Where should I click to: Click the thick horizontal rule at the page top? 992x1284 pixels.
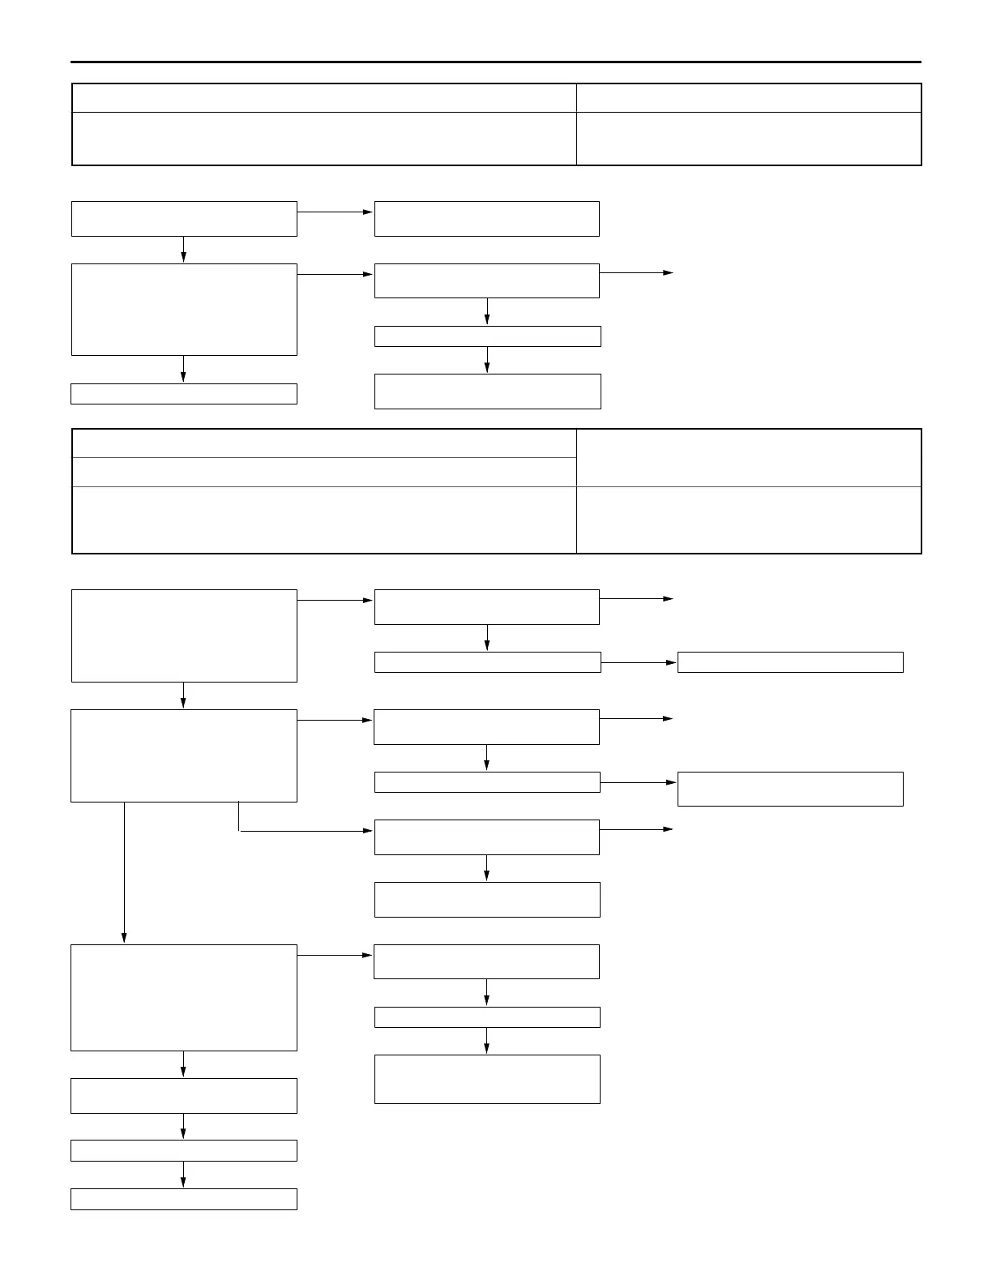(x=496, y=62)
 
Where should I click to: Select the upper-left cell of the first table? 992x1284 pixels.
(x=324, y=98)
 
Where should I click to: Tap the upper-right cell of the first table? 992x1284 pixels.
(x=749, y=98)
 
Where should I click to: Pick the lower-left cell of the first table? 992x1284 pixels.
(x=324, y=139)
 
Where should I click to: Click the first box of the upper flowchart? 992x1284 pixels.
(x=184, y=219)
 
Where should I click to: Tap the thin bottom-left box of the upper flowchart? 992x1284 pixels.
(x=184, y=394)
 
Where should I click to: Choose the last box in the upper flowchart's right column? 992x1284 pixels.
(x=487, y=392)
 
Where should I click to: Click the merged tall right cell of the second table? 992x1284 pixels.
(x=749, y=458)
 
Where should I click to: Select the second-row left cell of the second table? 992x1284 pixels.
(x=324, y=472)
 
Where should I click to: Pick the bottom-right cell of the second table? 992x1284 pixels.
(x=749, y=520)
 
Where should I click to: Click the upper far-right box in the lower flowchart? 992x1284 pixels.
(x=790, y=662)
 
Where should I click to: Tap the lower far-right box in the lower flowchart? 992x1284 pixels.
(x=790, y=789)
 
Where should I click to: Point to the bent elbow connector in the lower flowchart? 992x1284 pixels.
(x=240, y=830)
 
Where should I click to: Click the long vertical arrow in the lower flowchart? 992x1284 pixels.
(x=124, y=871)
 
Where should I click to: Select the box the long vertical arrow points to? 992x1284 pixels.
(x=184, y=997)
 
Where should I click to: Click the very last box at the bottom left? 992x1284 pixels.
(x=184, y=1199)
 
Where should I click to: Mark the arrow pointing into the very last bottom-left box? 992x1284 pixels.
(x=184, y=1175)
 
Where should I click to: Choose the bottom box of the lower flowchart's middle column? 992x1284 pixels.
(x=487, y=1079)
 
